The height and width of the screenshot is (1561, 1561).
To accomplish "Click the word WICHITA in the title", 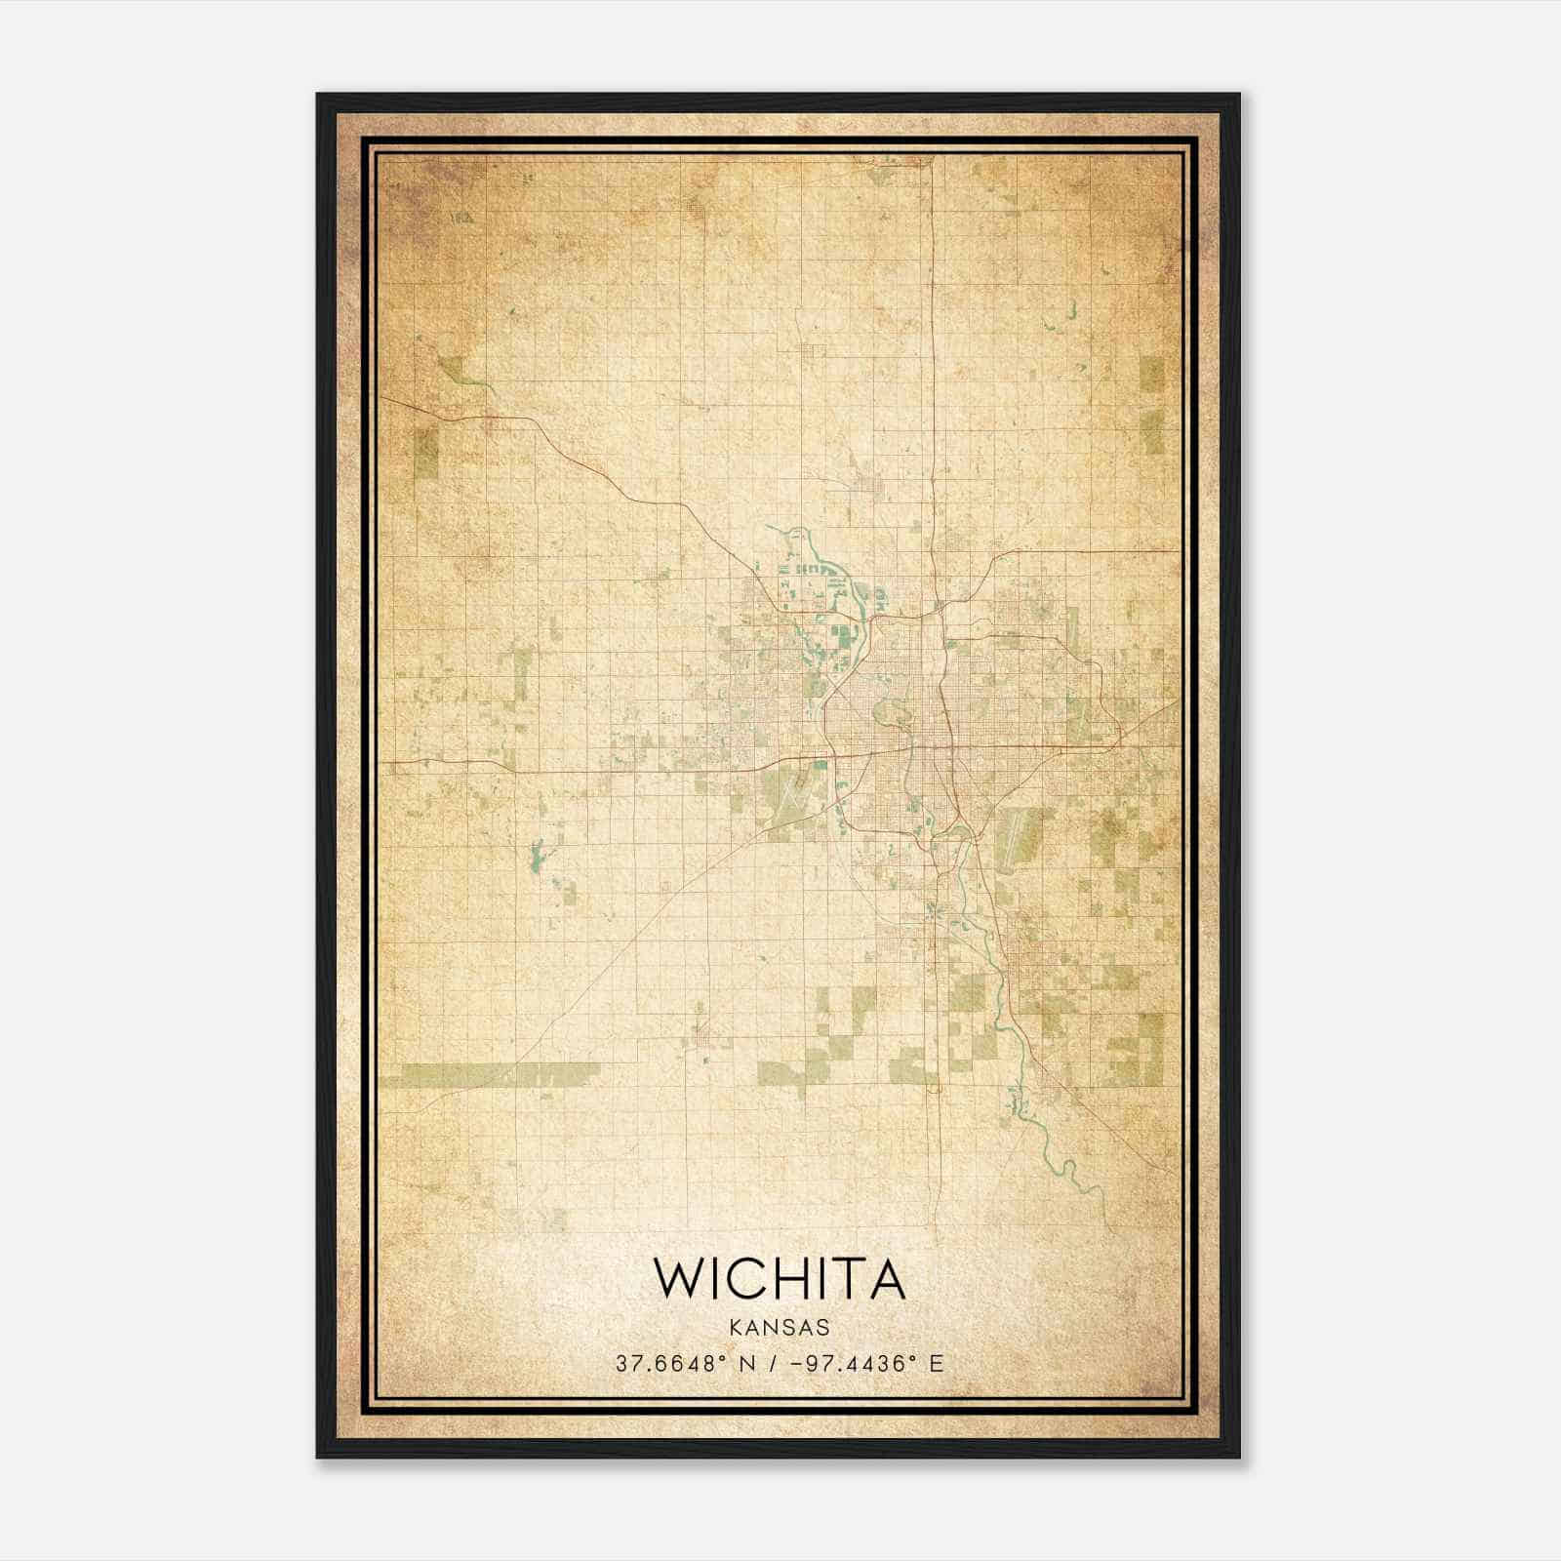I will (779, 1278).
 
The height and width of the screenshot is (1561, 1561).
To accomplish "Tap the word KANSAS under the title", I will (779, 1328).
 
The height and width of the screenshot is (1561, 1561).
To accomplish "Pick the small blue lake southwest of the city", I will (535, 859).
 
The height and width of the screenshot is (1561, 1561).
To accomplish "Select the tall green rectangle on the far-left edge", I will (426, 454).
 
